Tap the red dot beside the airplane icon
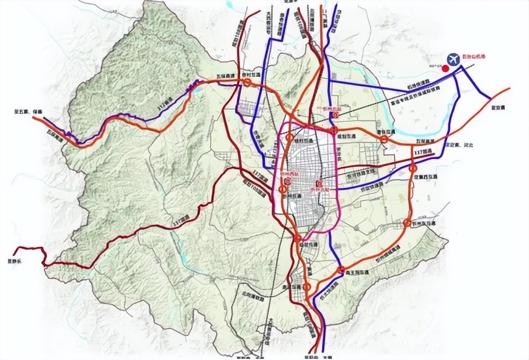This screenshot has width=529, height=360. tap(445, 69)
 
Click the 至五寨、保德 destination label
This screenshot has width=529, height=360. tap(28, 112)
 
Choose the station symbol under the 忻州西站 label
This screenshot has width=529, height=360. tap(287, 181)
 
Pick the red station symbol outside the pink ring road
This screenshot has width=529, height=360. tap(336, 115)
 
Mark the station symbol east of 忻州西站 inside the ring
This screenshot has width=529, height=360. tap(319, 183)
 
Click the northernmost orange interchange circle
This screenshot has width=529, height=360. tap(247, 83)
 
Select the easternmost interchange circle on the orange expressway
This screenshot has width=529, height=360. tap(413, 169)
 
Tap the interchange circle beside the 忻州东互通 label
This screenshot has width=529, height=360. tap(407, 222)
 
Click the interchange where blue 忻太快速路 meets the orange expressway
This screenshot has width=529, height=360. tap(340, 270)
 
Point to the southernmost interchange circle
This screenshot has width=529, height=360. tap(307, 287)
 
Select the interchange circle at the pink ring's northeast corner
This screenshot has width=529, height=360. tap(334, 129)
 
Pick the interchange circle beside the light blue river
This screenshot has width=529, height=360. tap(383, 139)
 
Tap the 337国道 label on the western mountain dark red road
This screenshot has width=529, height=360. tap(181, 218)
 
